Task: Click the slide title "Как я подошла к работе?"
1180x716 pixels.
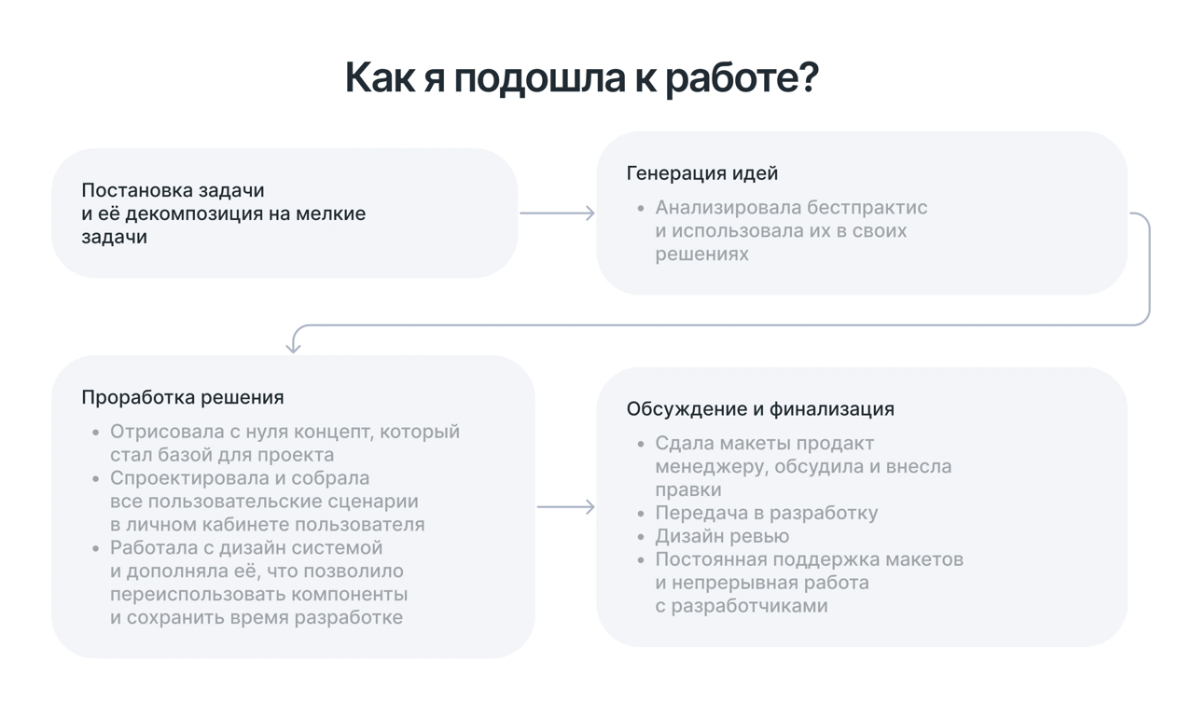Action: coord(581,78)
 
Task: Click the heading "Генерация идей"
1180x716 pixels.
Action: coord(701,173)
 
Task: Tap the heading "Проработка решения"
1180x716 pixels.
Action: coord(182,397)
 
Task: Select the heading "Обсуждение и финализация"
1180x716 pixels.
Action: coord(759,409)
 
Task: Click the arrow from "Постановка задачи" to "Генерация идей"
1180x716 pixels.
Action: coord(557,213)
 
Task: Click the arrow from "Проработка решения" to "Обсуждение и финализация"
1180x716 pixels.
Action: coord(565,507)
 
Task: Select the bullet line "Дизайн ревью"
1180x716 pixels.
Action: coord(721,536)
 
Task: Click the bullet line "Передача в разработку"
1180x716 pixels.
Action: coord(766,513)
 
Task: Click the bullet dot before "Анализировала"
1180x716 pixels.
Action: coord(641,208)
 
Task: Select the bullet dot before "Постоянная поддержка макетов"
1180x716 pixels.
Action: coord(641,560)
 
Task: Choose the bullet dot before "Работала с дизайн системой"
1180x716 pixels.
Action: coord(96,548)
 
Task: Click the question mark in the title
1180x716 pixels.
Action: coord(808,78)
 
